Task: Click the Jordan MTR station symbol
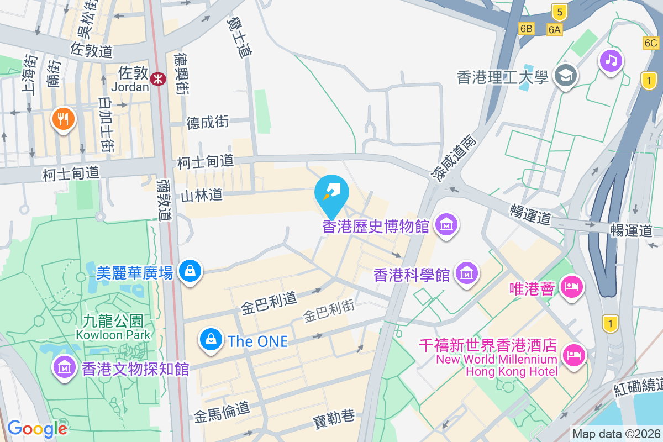coord(159,79)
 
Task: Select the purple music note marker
coord(611,60)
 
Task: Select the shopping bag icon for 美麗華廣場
coord(190,271)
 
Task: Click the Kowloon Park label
coord(113,328)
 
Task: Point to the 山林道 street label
coord(202,194)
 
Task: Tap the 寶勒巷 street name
coord(334,418)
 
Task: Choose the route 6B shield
coord(526,28)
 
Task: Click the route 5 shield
coord(559,10)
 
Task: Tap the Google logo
coord(38,429)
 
